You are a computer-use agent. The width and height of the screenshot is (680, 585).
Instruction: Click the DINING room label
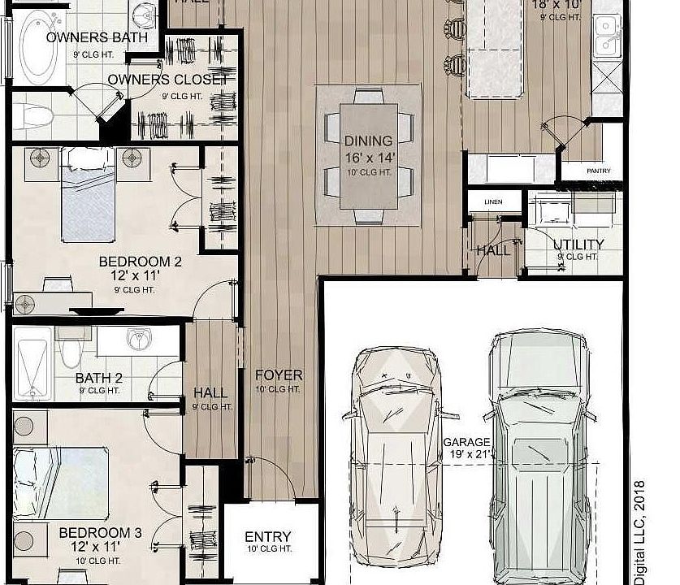point(368,141)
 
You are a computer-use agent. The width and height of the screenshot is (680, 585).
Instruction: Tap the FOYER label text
point(279,375)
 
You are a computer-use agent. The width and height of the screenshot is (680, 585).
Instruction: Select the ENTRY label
point(268,538)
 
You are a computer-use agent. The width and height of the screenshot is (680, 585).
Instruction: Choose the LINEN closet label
point(492,201)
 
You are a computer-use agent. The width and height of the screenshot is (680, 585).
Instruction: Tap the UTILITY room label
point(578,245)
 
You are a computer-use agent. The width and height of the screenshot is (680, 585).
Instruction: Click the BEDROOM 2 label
point(140,262)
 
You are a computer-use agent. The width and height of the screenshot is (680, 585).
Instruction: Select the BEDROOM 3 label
point(101,533)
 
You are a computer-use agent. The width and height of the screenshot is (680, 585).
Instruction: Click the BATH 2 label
point(99,378)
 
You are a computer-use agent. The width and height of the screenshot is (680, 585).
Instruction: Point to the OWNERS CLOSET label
point(168,80)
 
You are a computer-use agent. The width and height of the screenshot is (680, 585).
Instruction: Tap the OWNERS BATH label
point(97,37)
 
